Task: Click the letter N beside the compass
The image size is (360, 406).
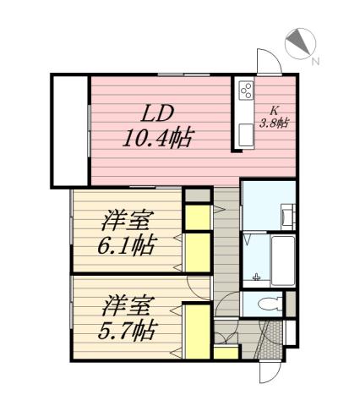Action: (314, 61)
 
